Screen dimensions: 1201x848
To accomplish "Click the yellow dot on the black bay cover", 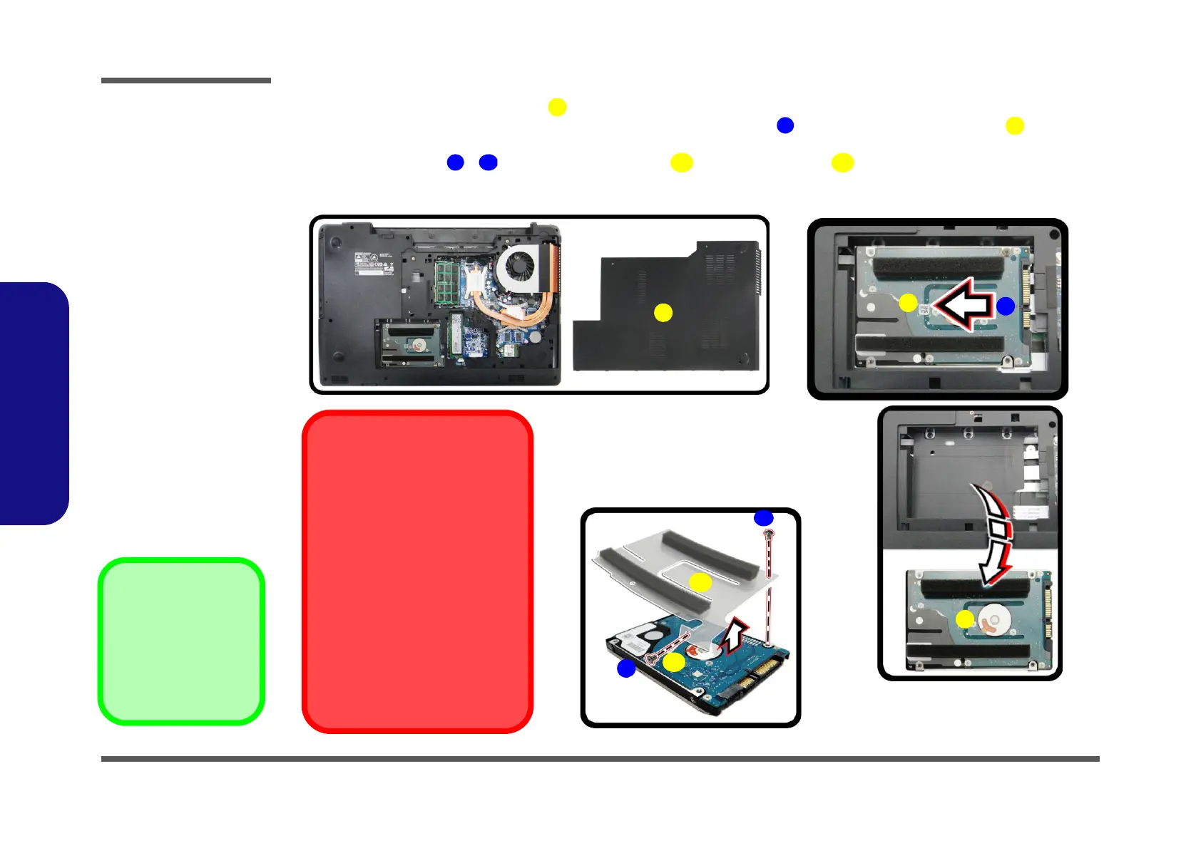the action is pos(663,313).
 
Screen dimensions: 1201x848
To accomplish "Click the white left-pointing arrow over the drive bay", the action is pos(963,304).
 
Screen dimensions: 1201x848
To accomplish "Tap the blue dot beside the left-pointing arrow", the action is pos(1005,306).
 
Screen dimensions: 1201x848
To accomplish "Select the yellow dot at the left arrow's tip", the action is pos(908,303).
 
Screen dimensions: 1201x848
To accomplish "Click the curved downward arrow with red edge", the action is pos(996,534).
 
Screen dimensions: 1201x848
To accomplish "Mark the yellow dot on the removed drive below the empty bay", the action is pos(965,619).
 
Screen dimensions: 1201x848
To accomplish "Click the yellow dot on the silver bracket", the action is pos(700,583).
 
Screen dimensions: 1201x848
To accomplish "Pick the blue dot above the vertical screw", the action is pos(763,518).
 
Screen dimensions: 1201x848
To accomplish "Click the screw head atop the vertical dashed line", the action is pos(768,534).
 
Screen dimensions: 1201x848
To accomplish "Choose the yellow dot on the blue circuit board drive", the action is pos(674,663).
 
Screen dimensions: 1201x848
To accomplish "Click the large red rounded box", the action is pos(417,571).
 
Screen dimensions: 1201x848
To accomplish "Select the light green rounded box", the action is pos(181,641).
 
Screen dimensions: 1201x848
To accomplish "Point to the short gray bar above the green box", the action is pos(185,81).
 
